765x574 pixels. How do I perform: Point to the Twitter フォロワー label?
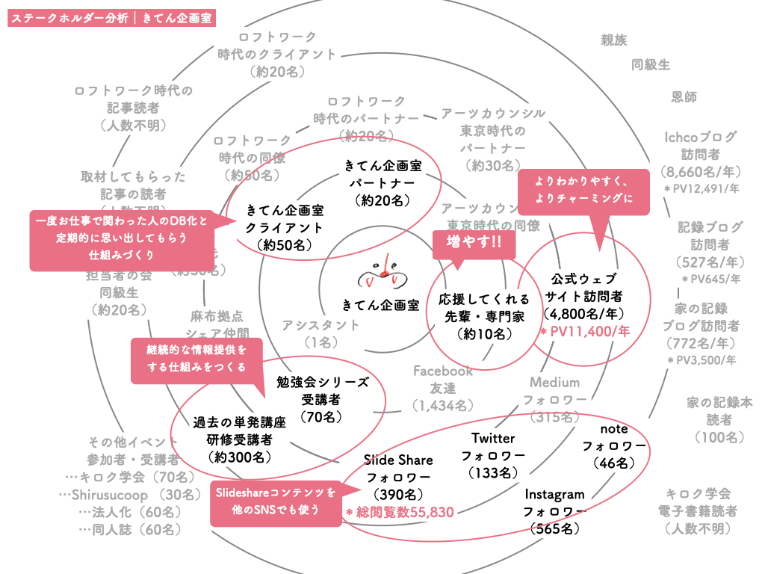pos(493,455)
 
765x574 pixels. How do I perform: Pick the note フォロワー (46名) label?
pos(613,446)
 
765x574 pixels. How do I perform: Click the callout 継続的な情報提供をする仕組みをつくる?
pos(196,358)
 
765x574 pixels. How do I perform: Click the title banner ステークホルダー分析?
pos(111,18)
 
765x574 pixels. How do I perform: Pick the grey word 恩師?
pos(684,96)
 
